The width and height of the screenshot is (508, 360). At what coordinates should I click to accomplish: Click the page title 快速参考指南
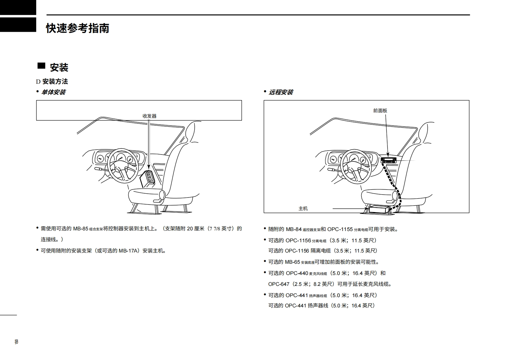click(77, 28)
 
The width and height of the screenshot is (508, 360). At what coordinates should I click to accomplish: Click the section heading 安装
click(59, 67)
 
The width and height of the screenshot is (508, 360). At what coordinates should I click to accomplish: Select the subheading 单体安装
click(54, 92)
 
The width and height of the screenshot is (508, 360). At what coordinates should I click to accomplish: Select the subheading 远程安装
click(281, 92)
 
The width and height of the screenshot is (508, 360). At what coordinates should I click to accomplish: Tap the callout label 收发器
click(150, 116)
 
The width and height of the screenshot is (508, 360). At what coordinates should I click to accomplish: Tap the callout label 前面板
click(380, 110)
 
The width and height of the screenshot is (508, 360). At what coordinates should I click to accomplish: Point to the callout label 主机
click(303, 209)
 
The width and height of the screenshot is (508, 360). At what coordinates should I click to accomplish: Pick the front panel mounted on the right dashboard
click(388, 160)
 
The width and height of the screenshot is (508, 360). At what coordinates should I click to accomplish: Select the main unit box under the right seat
click(379, 210)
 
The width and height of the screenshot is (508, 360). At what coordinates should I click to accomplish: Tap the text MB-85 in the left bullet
click(81, 229)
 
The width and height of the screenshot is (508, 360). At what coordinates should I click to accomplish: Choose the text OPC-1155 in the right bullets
click(340, 229)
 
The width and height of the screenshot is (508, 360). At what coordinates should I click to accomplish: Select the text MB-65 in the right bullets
click(292, 262)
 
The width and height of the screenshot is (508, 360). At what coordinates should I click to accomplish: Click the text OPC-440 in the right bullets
click(297, 273)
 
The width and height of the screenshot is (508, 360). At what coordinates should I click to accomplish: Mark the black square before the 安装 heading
click(41, 66)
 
